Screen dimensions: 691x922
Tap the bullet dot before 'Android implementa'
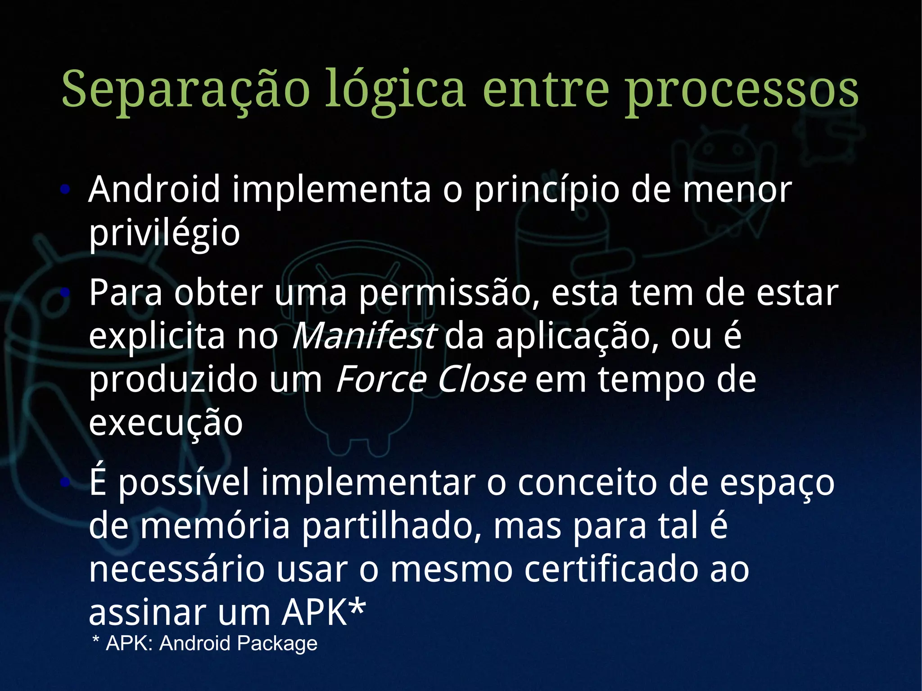pos(66,190)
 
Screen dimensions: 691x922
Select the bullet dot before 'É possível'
pos(66,483)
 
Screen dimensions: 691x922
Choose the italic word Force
pos(381,379)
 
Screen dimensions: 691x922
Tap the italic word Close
pos(481,379)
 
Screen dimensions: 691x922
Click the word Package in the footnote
pos(277,643)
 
